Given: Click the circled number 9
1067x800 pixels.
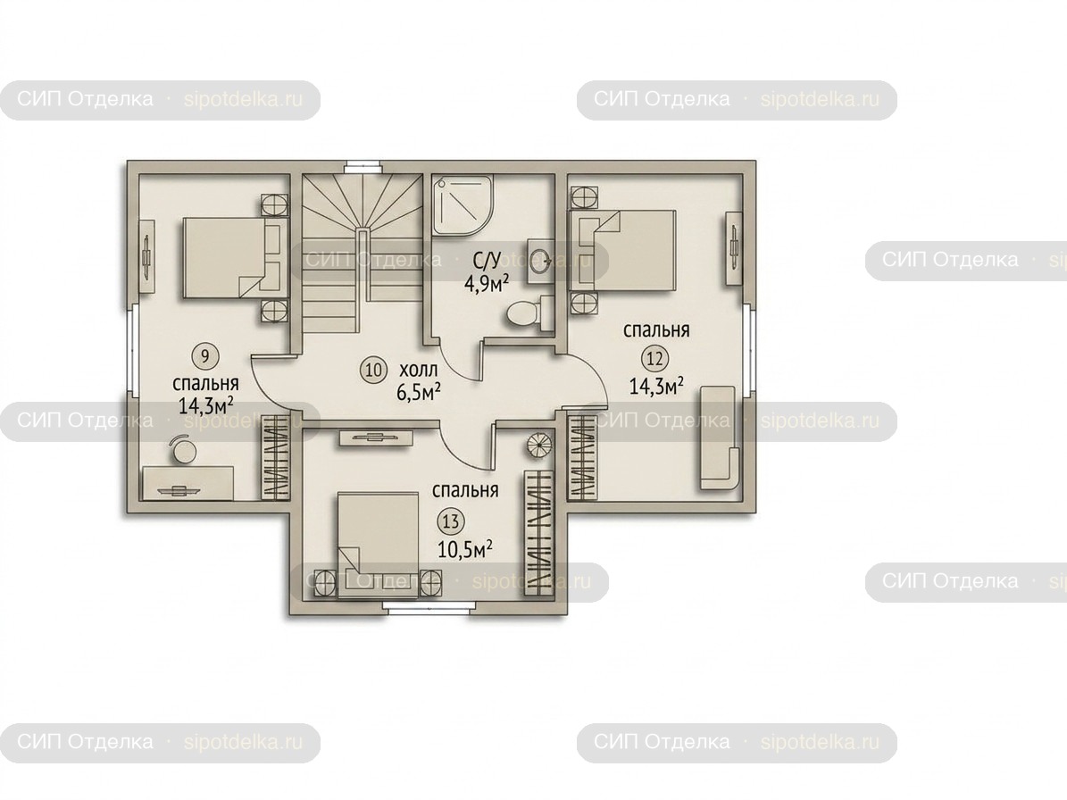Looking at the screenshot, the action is [204, 355].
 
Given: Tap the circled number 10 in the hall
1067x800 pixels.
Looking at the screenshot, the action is [373, 370].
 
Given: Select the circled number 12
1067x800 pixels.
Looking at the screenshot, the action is [654, 358].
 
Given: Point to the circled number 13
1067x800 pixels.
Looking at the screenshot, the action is [451, 521].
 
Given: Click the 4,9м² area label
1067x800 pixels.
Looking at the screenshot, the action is [487, 282].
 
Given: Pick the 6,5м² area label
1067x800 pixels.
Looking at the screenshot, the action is [419, 392].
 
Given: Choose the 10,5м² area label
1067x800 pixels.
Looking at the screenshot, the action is [465, 549].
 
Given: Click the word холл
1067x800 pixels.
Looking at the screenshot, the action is [419, 371].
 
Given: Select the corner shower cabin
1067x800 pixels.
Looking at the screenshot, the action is [462, 204].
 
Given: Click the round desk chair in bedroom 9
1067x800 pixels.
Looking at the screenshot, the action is [182, 449].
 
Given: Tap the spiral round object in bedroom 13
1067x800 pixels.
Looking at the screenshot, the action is [539, 446].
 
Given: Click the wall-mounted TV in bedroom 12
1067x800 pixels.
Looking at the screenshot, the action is [734, 247].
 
